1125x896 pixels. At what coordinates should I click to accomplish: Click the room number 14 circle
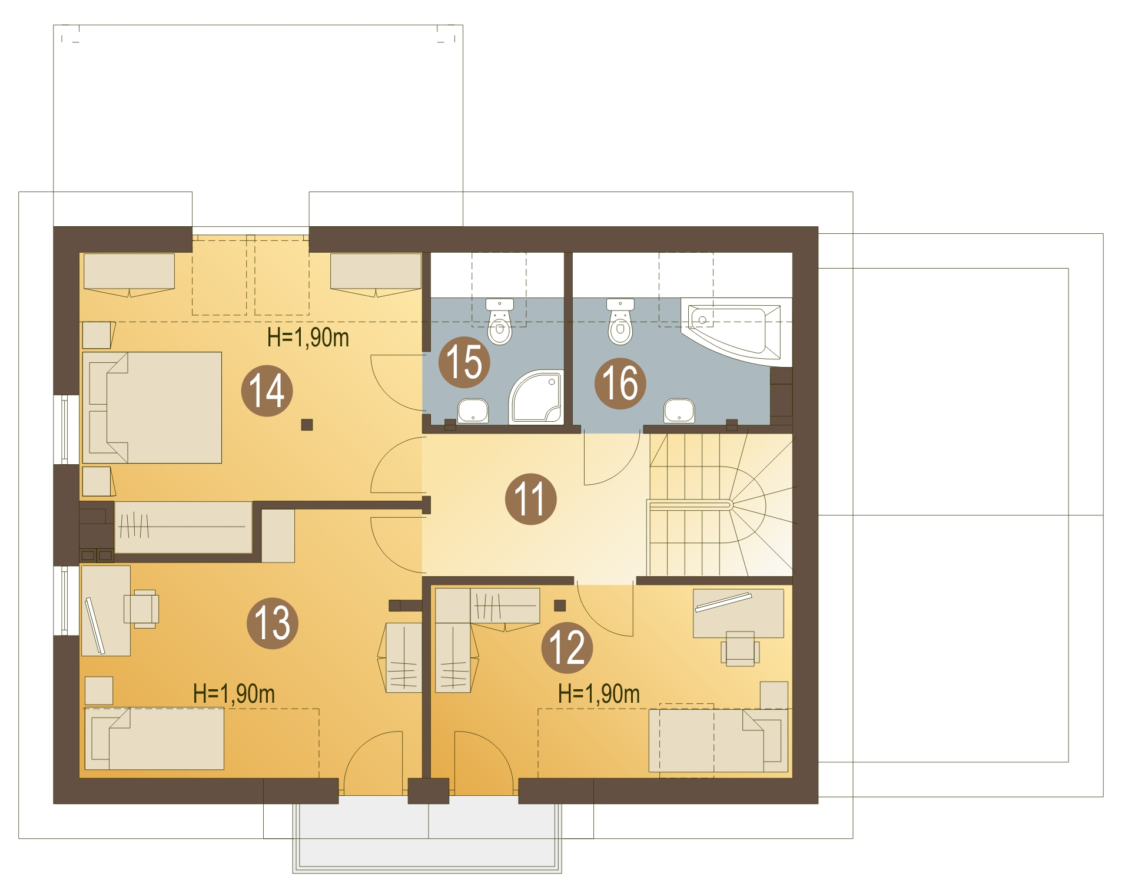(267, 391)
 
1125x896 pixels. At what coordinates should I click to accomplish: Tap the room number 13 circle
(272, 623)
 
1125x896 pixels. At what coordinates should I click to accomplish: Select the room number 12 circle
(567, 647)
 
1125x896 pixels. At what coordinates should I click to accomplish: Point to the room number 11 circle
(530, 499)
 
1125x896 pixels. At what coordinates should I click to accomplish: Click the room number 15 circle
(464, 362)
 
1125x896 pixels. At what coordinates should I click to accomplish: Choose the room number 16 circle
(620, 383)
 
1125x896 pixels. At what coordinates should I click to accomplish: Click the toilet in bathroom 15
(500, 322)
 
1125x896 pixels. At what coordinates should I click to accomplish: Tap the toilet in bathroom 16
(620, 322)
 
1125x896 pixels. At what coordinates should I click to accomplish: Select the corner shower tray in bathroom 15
(536, 396)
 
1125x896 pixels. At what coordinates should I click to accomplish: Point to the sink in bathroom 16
(679, 411)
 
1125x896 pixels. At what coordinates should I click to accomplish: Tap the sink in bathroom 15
(473, 411)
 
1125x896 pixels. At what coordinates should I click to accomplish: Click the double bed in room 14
(152, 408)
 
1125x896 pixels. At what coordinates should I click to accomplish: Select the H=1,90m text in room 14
(308, 338)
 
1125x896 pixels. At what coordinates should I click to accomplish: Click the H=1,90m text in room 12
(599, 693)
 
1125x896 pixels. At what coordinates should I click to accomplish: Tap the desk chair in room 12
(740, 649)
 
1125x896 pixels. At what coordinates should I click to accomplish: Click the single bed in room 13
(154, 739)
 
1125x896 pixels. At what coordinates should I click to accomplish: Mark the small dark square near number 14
(307, 425)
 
